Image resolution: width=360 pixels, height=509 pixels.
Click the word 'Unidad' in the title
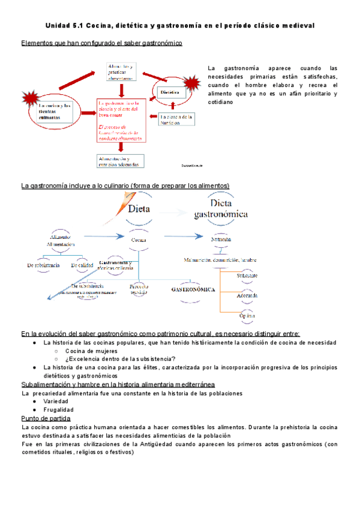(x=58, y=26)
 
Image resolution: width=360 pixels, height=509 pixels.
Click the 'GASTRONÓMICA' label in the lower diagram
(x=193, y=289)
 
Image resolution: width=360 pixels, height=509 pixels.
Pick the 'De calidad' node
(x=82, y=264)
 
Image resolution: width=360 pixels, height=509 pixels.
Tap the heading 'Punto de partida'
(x=46, y=418)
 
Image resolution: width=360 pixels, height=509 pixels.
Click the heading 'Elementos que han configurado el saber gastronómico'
(x=102, y=43)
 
